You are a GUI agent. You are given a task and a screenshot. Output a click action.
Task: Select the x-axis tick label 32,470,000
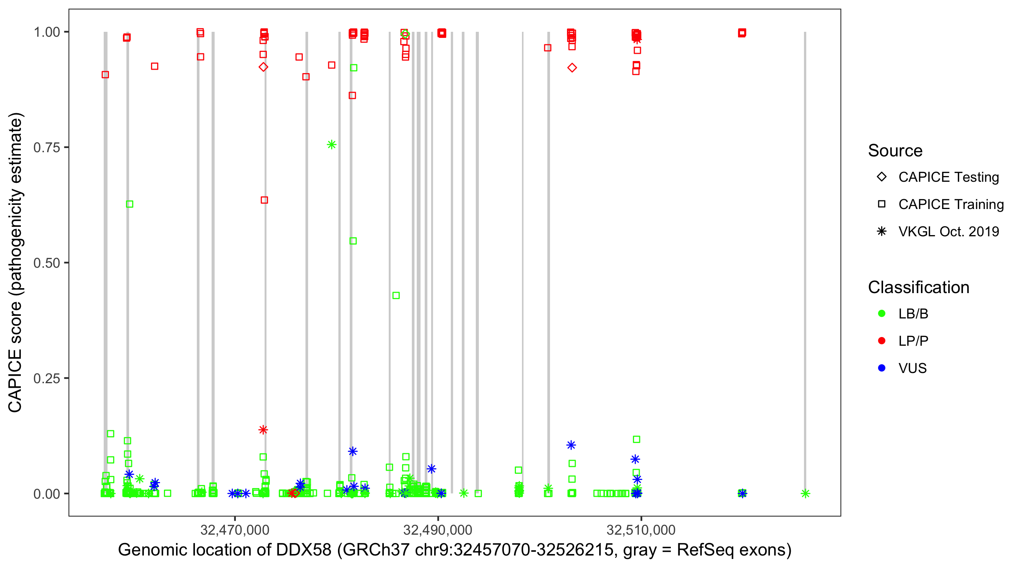[x=234, y=530]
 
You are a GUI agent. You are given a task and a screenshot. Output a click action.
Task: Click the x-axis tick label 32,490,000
[x=438, y=530]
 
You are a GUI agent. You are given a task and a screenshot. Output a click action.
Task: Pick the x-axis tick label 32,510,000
[x=641, y=530]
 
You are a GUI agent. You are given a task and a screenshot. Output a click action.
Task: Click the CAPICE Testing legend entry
[x=948, y=177]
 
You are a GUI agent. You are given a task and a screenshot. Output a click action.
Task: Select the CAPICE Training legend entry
[x=950, y=204]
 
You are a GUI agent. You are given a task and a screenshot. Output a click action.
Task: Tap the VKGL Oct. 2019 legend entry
[x=948, y=232]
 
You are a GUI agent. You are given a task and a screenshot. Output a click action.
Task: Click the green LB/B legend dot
[x=882, y=314]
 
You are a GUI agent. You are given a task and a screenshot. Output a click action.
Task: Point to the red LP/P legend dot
[x=882, y=341]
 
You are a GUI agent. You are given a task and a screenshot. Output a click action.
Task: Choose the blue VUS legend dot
[x=882, y=368]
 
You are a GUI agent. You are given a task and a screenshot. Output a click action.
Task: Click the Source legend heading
[x=895, y=151]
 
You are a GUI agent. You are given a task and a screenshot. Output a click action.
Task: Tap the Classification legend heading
[x=918, y=287]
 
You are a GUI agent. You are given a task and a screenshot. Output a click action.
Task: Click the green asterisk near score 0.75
[x=332, y=145]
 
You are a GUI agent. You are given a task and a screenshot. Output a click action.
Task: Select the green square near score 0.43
[x=396, y=296]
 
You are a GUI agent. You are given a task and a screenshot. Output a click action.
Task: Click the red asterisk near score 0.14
[x=263, y=430]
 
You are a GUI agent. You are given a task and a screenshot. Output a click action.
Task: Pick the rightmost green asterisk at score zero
[x=805, y=494]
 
